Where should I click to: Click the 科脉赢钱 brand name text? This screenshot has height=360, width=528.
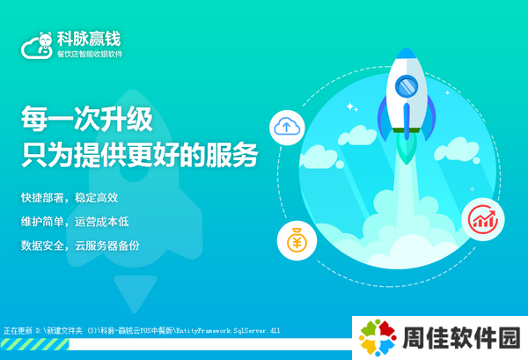[89, 39]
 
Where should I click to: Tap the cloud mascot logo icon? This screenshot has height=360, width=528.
[37, 46]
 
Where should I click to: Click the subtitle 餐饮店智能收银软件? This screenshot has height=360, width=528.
[90, 55]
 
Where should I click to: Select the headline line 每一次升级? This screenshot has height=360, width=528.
[87, 119]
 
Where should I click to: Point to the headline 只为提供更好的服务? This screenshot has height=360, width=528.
[139, 155]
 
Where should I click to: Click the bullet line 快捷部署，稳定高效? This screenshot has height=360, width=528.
[70, 198]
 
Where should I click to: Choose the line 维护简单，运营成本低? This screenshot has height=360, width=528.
[75, 222]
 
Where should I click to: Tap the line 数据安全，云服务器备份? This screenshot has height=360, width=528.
[80, 246]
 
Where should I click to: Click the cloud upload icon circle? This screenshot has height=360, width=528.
[287, 128]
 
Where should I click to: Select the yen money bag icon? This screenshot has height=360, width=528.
[297, 240]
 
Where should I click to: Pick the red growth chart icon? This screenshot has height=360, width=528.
[482, 219]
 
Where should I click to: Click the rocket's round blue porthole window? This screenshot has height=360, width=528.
[407, 86]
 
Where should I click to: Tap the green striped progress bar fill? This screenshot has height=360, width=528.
[35, 344]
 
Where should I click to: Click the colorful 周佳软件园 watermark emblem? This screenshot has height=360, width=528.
[378, 337]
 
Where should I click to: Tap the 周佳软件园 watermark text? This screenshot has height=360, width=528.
[461, 337]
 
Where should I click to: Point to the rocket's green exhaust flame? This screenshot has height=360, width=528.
[407, 148]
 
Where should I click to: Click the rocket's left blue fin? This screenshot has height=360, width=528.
[384, 118]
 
